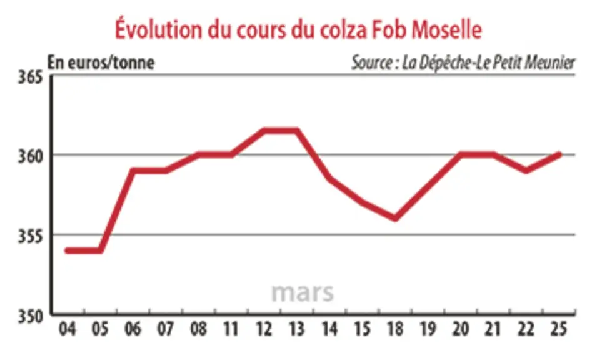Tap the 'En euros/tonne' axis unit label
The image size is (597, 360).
pyautogui.click(x=101, y=62)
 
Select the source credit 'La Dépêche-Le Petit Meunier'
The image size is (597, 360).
pyautogui.click(x=463, y=62)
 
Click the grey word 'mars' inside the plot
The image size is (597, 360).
pyautogui.click(x=303, y=292)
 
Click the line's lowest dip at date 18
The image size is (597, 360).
pyautogui.click(x=395, y=219)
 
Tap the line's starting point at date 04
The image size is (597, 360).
pyautogui.click(x=68, y=251)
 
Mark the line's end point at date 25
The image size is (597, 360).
pyautogui.click(x=559, y=154)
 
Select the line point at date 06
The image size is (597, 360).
pyautogui.click(x=133, y=171)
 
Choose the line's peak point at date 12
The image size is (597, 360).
pyautogui.click(x=264, y=131)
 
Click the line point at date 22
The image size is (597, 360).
pyautogui.click(x=526, y=171)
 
